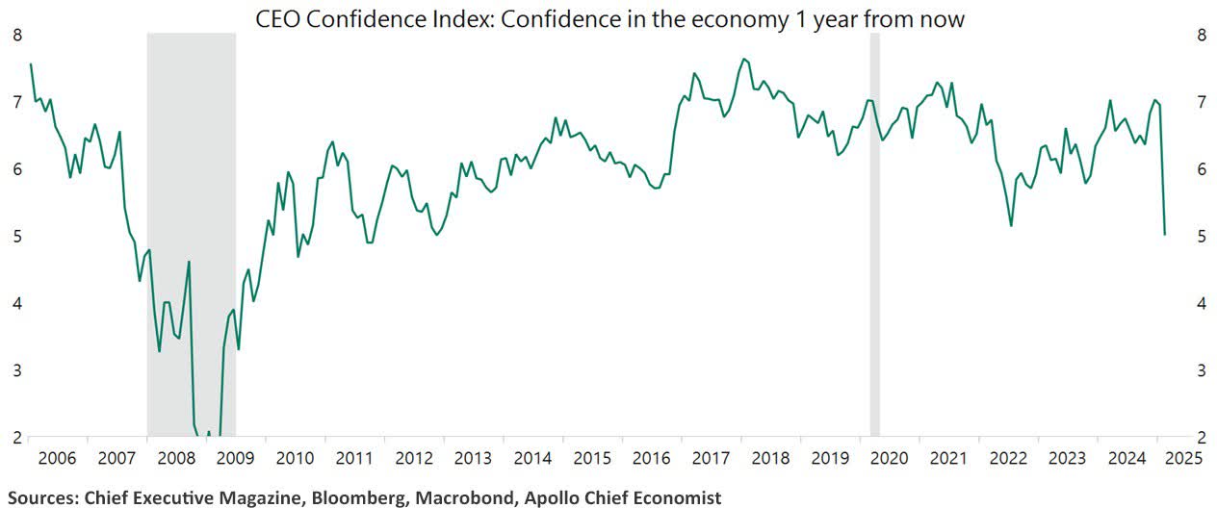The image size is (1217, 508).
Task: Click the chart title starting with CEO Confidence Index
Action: coord(608,18)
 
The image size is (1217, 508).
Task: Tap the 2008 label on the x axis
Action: coord(176,457)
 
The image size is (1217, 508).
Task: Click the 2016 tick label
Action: coord(652,457)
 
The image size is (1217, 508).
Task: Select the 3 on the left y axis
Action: coord(17,370)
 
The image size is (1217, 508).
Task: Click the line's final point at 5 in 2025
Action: coord(1165,234)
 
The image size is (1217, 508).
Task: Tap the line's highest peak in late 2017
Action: coord(743,59)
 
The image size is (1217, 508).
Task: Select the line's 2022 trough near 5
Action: coord(1011,226)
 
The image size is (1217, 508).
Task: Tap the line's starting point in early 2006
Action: coord(31,64)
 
